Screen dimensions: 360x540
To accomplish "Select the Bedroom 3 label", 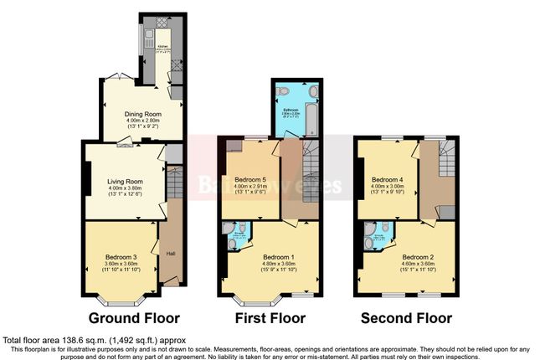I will tap(121, 257).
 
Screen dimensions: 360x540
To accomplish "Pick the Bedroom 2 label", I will tap(417, 257).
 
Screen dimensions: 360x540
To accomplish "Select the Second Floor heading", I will tap(406, 318).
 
